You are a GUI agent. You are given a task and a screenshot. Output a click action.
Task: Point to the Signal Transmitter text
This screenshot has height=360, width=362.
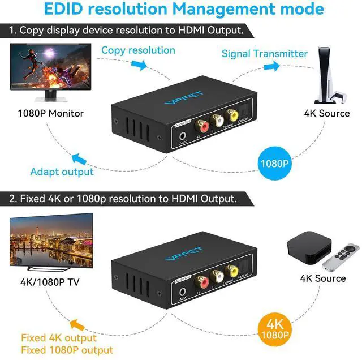[265, 54]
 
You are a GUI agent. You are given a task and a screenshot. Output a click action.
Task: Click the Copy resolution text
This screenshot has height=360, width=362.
[138, 50]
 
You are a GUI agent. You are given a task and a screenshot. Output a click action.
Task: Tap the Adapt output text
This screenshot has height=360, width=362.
[62, 172]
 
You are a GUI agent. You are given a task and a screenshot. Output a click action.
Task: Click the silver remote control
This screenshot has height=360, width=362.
[341, 257]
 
